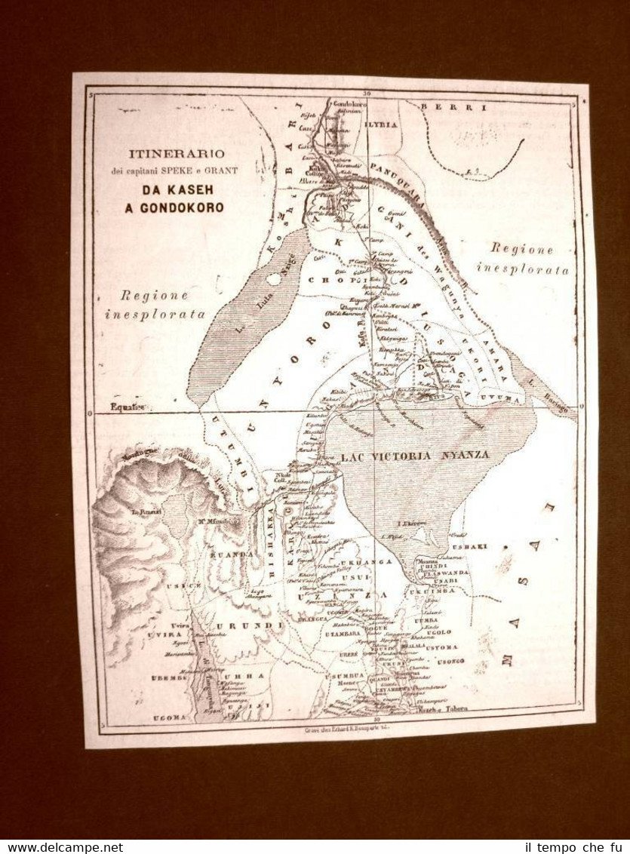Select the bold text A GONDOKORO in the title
coord(174,207)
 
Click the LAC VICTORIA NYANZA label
coord(415,456)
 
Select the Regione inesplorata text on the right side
coord(523,259)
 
